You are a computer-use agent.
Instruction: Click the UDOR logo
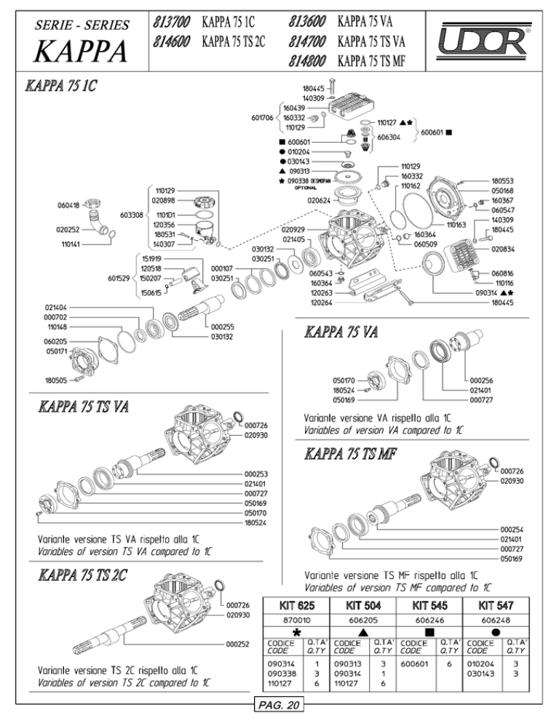[484, 41]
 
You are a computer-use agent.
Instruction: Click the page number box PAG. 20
[279, 705]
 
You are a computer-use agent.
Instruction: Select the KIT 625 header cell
[296, 605]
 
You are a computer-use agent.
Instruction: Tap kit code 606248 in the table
[495, 620]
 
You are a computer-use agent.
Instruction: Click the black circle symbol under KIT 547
[496, 633]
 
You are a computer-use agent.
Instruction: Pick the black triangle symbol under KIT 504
[363, 633]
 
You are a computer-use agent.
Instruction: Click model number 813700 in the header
[171, 22]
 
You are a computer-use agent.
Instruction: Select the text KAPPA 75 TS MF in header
[371, 61]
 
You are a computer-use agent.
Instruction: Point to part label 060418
[68, 205]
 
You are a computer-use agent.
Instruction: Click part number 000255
[223, 327]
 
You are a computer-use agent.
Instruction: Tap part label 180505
[56, 380]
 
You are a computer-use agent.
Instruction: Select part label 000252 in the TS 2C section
[238, 644]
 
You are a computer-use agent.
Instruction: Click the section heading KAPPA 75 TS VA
[84, 407]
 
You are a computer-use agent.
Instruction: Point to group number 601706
[262, 118]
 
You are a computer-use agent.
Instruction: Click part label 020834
[503, 249]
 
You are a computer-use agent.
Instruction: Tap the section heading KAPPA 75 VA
[341, 332]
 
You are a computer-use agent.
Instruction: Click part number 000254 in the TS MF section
[512, 530]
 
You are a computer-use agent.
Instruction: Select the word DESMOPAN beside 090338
[321, 181]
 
